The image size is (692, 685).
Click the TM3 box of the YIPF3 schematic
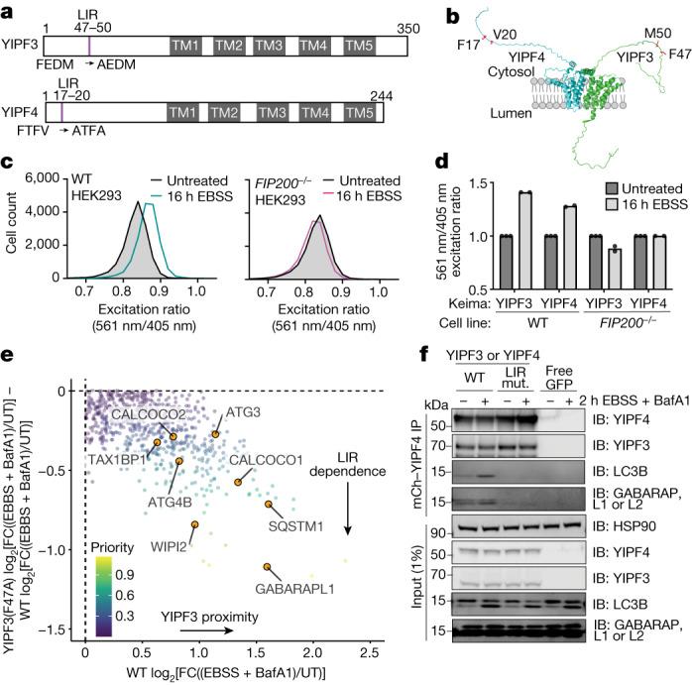(x=269, y=48)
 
